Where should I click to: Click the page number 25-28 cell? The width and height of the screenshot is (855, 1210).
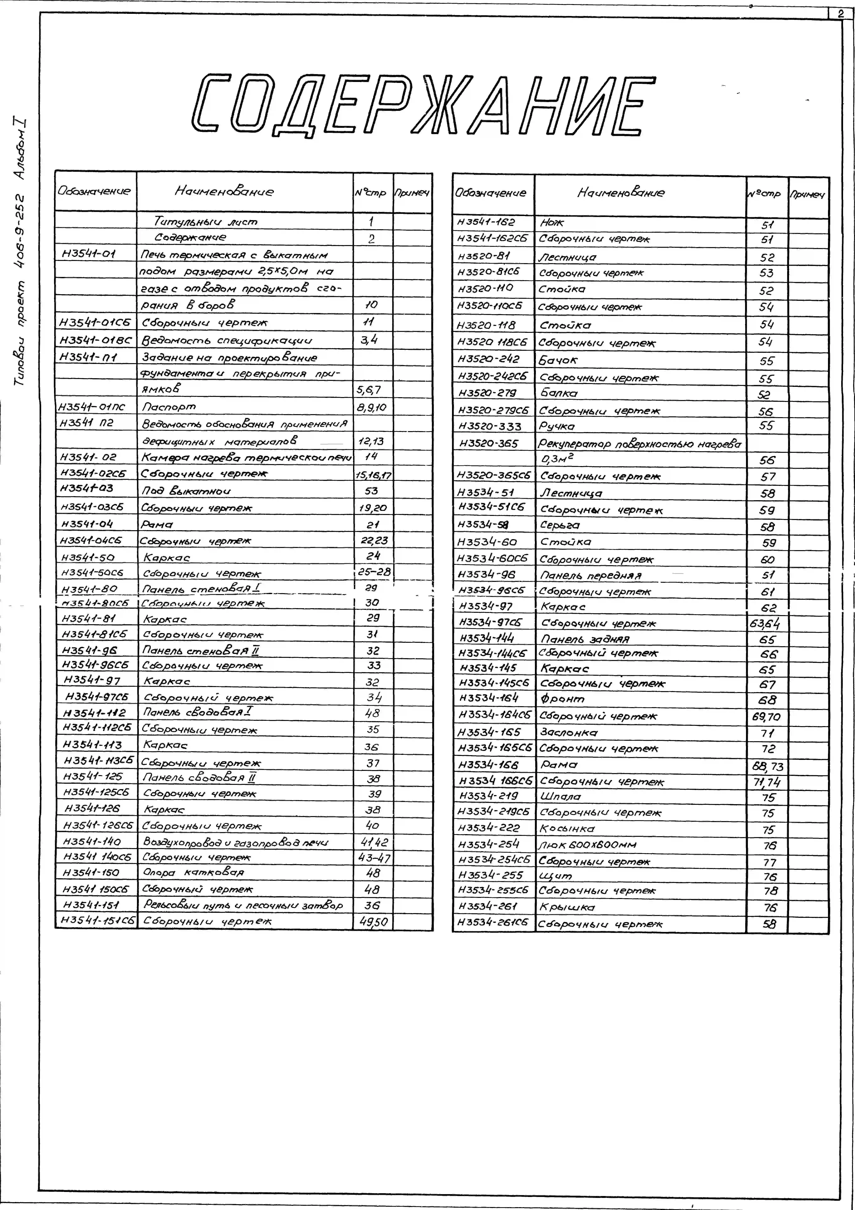coord(373,572)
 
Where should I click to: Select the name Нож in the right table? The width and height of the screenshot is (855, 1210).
coord(552,223)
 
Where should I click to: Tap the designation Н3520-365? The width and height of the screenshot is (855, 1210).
coord(489,444)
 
